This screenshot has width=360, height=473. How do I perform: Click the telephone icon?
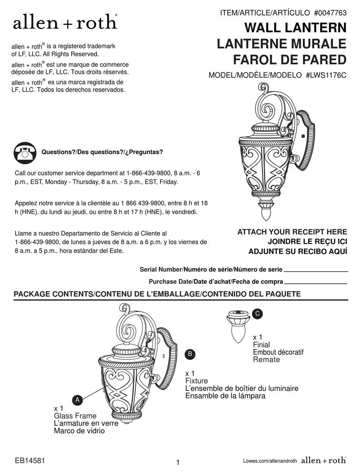coord(25,153)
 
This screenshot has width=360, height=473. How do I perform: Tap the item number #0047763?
coord(330,13)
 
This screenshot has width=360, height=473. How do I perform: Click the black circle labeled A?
coord(77,400)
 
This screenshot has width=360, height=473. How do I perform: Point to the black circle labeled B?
coord(191,354)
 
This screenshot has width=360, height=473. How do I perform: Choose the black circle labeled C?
coord(257,313)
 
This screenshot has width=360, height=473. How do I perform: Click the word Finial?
coord(261,345)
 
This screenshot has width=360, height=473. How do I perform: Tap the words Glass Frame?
coord(75,416)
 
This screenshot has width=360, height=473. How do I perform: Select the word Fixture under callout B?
coord(196,381)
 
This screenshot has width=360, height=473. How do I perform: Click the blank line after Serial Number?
coord(316,272)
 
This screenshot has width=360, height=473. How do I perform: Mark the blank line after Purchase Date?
coord(316,283)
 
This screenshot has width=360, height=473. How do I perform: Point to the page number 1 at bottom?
coord(178,462)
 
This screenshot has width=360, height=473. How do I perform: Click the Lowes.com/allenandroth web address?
coord(270,461)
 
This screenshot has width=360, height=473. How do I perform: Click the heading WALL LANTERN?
coord(295,28)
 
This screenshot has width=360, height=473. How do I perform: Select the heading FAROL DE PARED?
coord(290,59)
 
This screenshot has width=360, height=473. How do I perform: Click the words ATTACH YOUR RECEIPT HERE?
coord(292,232)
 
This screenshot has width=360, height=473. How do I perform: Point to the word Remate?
coord(266,359)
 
